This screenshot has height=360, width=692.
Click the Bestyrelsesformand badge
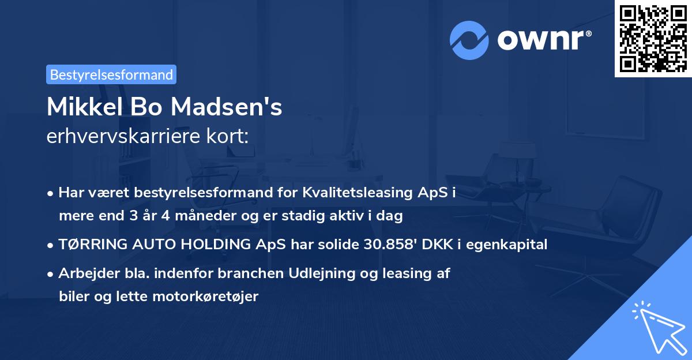click(x=111, y=74)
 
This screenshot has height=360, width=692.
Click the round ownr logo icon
click(x=469, y=40)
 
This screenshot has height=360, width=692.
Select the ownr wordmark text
click(x=541, y=40)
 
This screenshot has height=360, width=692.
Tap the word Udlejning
click(x=347, y=273)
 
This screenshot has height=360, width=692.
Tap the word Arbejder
click(x=85, y=273)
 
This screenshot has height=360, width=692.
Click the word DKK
click(x=438, y=245)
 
